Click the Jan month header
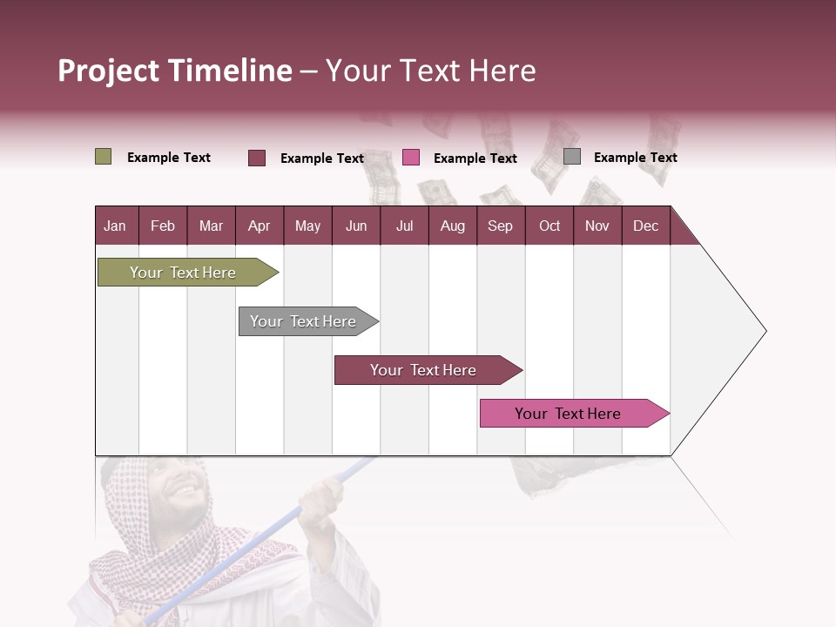115,226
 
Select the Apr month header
259,226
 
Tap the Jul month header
404,226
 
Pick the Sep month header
500,226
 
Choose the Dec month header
645,226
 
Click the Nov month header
597,226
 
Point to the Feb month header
163,226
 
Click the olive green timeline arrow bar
183,273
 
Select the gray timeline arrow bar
303,321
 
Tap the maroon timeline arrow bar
423,370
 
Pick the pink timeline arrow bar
568,414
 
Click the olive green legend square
103,157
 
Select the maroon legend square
257,158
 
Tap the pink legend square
411,158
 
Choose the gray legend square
572,157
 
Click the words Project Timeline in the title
174,71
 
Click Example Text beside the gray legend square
635,158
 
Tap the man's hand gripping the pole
320,503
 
